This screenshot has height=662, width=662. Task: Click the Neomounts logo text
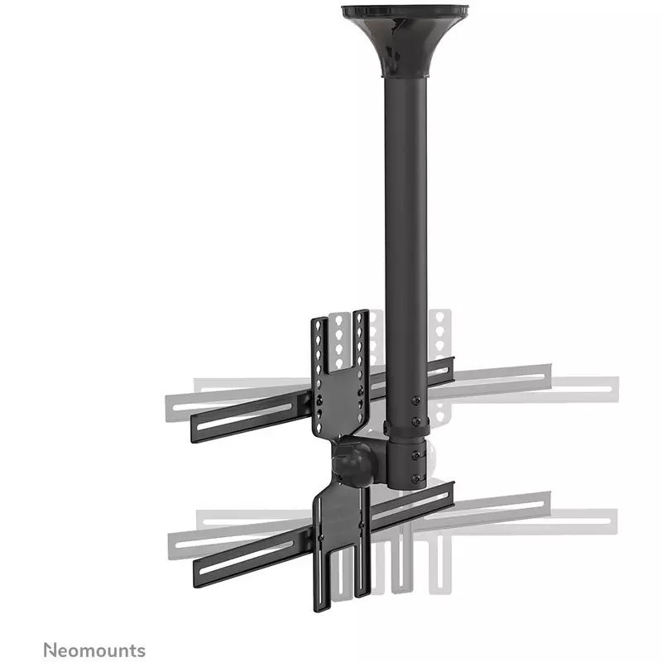94,650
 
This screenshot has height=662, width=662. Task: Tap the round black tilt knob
353,463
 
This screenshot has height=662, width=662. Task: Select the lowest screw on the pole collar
416,478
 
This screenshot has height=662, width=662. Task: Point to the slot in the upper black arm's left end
244,417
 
